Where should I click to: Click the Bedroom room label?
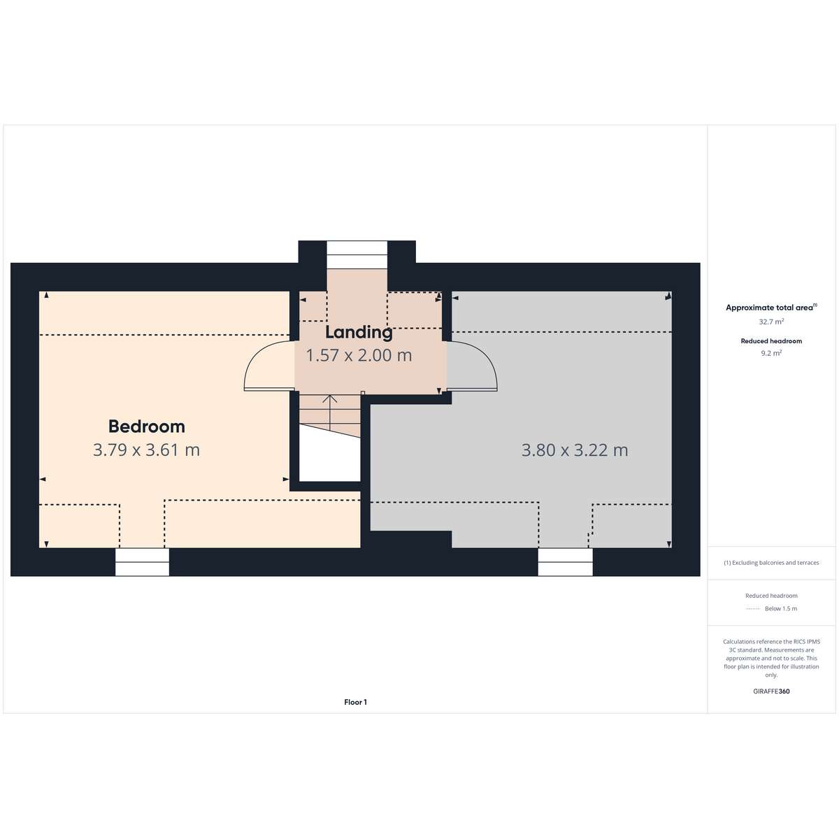[146, 426]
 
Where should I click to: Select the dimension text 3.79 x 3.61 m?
[146, 450]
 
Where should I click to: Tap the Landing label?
[359, 333]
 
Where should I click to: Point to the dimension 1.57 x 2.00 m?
[359, 355]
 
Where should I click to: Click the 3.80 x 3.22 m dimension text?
[575, 450]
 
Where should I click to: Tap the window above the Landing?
[357, 254]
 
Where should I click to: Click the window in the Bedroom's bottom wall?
[142, 561]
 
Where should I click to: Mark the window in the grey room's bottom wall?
[565, 561]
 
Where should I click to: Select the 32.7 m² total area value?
[771, 322]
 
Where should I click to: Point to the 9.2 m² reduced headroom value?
[771, 353]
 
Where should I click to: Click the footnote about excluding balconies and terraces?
[771, 563]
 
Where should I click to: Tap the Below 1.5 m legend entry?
[781, 608]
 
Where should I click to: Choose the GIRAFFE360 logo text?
[771, 691]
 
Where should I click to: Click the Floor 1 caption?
[355, 702]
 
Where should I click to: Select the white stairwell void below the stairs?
[329, 457]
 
